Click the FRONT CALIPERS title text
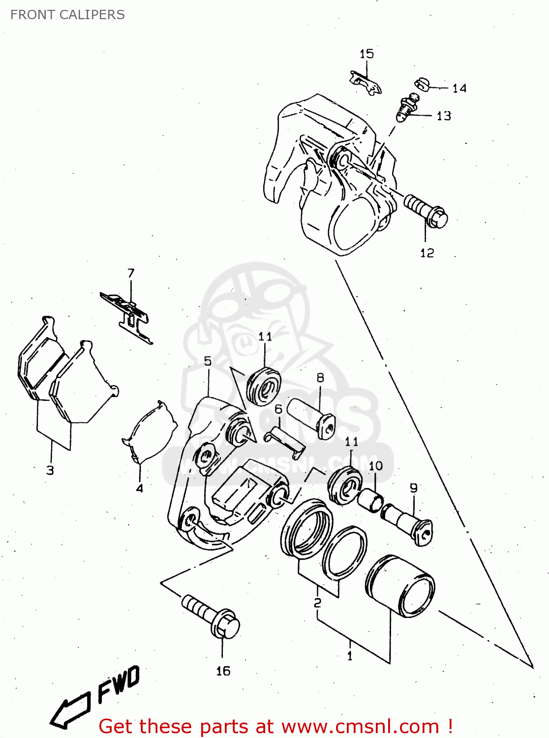pos(67,15)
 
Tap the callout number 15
pos(366,54)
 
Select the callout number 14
pos(459,89)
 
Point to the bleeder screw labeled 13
pos(406,109)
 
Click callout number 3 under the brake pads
pos(50,470)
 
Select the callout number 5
pos(208,361)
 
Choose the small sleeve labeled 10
pos(370,500)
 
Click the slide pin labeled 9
pos(408,524)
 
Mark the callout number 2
pos(318,603)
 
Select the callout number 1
pos(350,656)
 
